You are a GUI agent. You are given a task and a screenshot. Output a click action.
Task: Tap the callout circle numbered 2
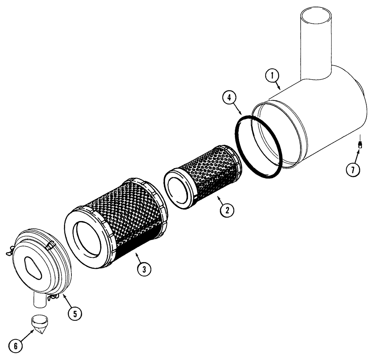[x=226, y=210]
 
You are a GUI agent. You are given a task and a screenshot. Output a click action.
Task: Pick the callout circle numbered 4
[x=229, y=98]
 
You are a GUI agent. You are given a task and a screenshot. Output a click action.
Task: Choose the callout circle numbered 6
[x=15, y=346]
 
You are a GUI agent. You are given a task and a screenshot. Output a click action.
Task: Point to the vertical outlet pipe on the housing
[x=316, y=44]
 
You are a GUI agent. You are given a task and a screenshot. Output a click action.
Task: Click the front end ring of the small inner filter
[x=180, y=187]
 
